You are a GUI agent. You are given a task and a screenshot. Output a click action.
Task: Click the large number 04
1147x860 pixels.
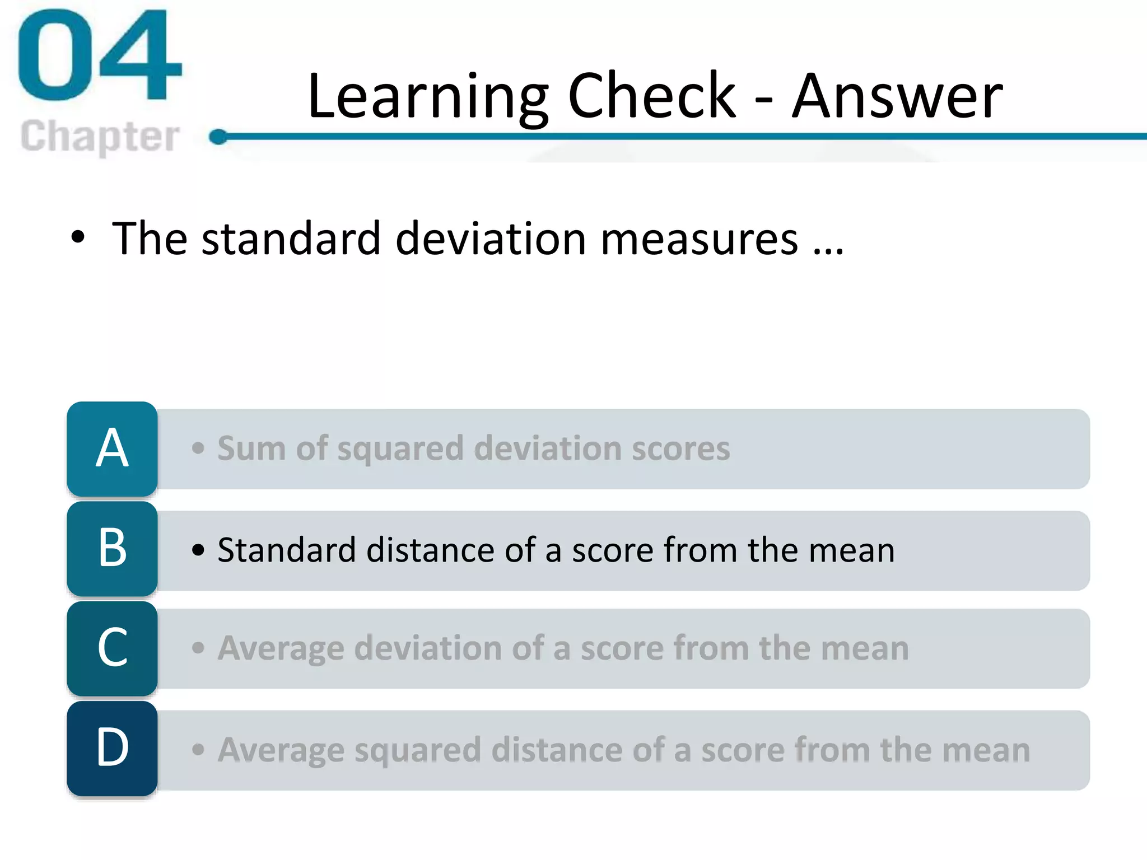pyautogui.click(x=100, y=56)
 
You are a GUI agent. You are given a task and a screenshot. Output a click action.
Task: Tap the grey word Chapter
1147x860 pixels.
pyautogui.click(x=100, y=136)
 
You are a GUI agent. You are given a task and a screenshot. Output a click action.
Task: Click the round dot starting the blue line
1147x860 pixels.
pyautogui.click(x=218, y=136)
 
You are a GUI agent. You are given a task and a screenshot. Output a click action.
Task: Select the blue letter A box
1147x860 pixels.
pyautogui.click(x=112, y=448)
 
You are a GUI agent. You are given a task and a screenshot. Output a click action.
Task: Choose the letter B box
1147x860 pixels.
pyautogui.click(x=112, y=549)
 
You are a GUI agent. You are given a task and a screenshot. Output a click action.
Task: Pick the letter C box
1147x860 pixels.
pyautogui.click(x=112, y=648)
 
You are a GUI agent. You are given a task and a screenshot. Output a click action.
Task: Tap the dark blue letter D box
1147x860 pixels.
pyautogui.click(x=112, y=748)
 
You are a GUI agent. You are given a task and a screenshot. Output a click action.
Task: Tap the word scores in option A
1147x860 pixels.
pyautogui.click(x=680, y=448)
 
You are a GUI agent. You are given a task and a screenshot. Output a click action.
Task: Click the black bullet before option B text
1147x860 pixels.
pyautogui.click(x=198, y=550)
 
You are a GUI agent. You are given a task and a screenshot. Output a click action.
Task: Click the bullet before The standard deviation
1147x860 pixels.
pyautogui.click(x=78, y=237)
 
